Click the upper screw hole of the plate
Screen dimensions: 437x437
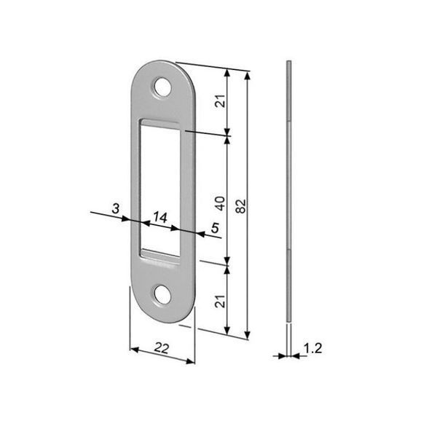coord(162,87)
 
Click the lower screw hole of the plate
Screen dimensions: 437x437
coord(162,294)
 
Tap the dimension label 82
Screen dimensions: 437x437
coord(241,206)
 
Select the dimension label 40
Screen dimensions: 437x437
coord(221,203)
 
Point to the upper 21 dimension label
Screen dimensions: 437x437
coord(221,101)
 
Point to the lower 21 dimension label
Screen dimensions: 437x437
coord(221,301)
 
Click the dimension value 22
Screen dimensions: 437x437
coord(162,348)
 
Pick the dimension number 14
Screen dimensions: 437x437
coord(160,217)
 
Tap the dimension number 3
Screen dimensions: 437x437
coord(116,208)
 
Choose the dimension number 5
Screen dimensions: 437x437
coord(215,228)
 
